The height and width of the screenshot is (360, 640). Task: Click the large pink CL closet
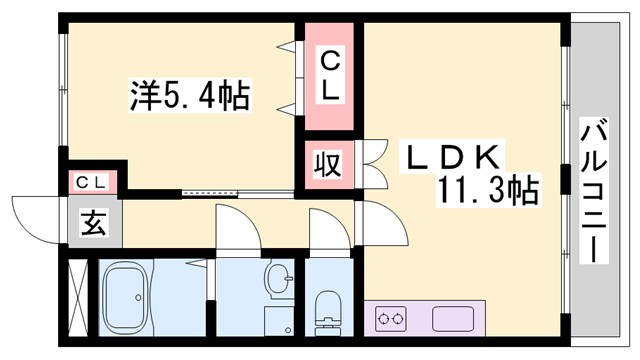pos(329,75)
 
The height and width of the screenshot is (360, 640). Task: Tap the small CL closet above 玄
pos(93,183)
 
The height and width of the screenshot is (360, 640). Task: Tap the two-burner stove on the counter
pos(391,321)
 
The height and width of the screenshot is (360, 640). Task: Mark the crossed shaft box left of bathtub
pos(79,296)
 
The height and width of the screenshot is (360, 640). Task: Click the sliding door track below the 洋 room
pos(213,190)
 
